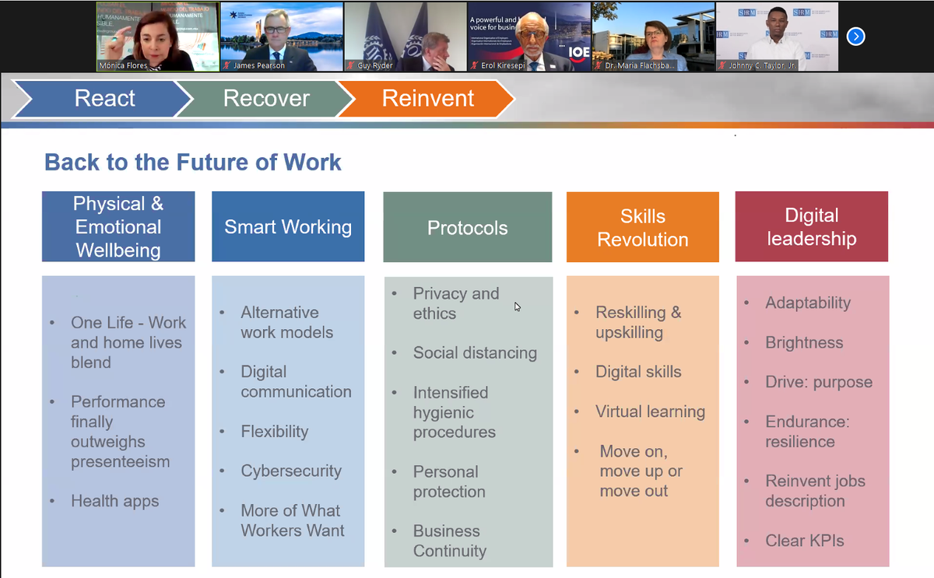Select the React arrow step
(104, 99)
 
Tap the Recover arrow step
(265, 99)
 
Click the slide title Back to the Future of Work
(192, 162)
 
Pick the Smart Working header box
(288, 226)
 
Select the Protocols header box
(467, 228)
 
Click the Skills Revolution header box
(642, 228)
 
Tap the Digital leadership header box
(811, 226)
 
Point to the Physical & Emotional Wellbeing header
(118, 226)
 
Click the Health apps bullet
(114, 501)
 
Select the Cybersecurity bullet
(290, 471)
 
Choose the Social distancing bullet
(474, 352)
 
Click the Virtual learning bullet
(650, 412)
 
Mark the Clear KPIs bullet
(804, 541)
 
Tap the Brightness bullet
(804, 342)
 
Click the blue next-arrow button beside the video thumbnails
(855, 37)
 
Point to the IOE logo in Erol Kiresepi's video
(578, 52)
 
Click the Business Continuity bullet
(449, 541)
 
